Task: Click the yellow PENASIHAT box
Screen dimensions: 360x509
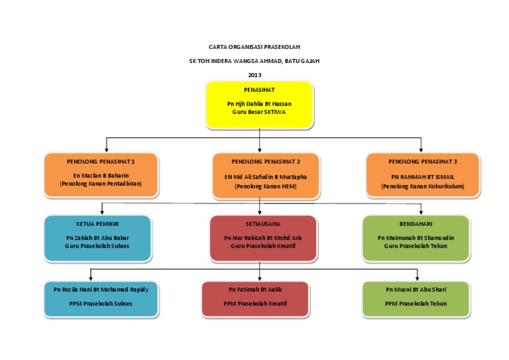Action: (x=259, y=104)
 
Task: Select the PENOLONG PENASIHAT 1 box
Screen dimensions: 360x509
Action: (x=101, y=174)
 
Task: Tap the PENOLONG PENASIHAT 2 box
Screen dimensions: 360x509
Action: (x=265, y=174)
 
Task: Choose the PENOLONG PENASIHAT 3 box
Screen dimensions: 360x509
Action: (x=422, y=174)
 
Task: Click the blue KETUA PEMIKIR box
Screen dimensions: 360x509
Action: (x=101, y=237)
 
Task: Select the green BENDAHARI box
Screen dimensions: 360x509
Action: (x=416, y=237)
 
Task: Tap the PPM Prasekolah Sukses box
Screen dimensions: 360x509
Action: (x=101, y=298)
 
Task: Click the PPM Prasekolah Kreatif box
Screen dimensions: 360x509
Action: (x=255, y=298)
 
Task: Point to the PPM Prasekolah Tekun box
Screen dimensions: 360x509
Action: (x=416, y=298)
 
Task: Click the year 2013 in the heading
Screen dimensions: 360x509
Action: (x=254, y=74)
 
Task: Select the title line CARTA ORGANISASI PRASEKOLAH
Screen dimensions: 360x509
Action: (x=254, y=47)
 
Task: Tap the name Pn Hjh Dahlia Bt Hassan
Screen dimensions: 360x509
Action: (x=259, y=104)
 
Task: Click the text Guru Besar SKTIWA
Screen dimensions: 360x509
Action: (x=259, y=113)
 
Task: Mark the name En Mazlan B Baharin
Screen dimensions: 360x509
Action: (x=101, y=176)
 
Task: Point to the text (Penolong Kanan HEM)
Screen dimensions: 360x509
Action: (x=265, y=186)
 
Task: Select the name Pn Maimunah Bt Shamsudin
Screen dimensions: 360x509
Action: (x=416, y=237)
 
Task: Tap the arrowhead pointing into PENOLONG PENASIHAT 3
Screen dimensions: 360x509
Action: (x=421, y=149)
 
